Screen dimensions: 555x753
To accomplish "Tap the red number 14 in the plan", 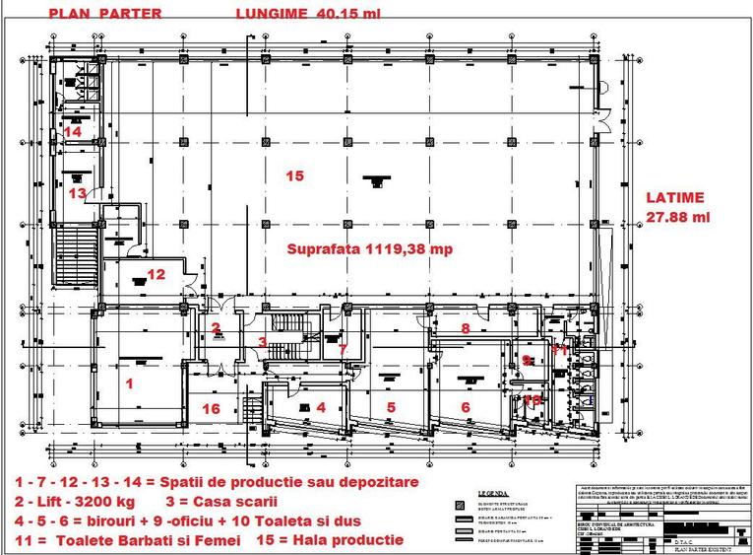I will tap(73, 131).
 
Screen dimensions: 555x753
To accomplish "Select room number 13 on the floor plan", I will tap(77, 193).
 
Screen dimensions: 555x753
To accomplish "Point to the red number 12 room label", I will tap(157, 274).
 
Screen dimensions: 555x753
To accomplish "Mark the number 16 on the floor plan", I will tap(209, 407).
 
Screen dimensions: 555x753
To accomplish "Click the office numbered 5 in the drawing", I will tap(390, 406).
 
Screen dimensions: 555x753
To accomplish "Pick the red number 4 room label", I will tap(320, 406).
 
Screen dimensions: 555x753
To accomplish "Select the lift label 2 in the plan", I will tap(216, 327).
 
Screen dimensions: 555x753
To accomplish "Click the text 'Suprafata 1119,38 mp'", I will tap(369, 249).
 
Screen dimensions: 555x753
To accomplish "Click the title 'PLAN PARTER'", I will tap(90, 13).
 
